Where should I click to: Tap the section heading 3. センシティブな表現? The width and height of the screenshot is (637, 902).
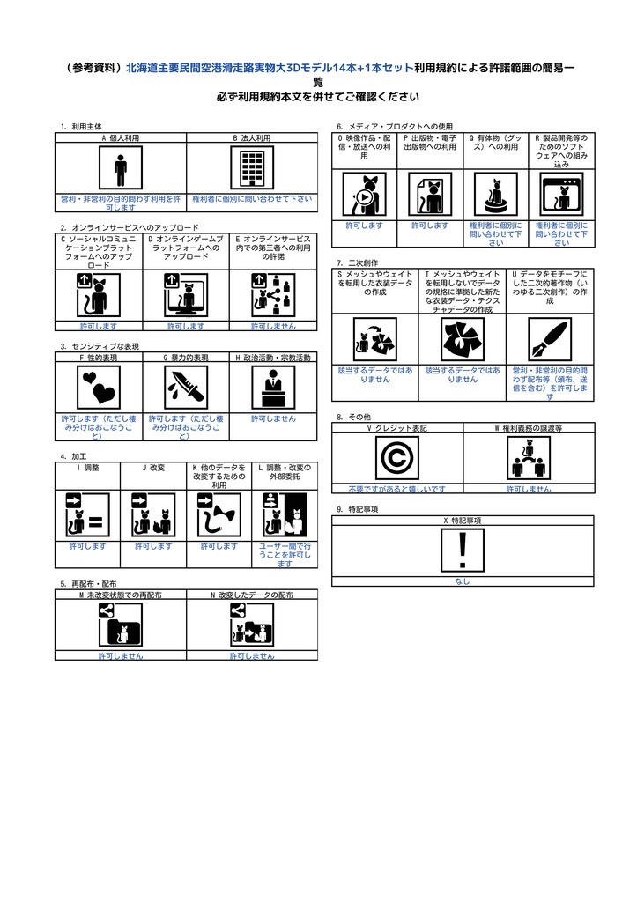(x=100, y=346)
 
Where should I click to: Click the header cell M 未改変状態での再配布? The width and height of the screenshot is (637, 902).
(x=120, y=595)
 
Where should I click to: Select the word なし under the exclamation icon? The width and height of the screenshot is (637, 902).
(x=462, y=581)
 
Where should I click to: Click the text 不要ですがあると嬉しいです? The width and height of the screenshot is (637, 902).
(x=396, y=489)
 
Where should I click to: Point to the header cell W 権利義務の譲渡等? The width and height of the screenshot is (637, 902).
(x=528, y=427)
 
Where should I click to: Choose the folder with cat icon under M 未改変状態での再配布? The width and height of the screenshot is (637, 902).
(x=120, y=626)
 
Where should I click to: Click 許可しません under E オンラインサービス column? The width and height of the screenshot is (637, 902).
(x=273, y=325)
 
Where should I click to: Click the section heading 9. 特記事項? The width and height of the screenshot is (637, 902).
(x=358, y=509)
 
